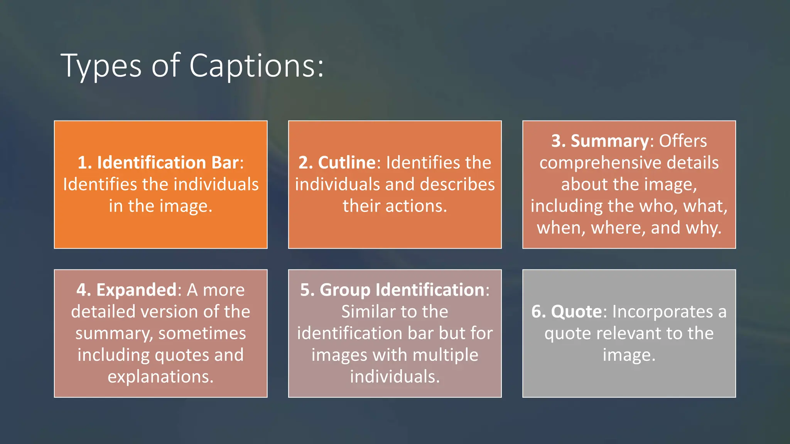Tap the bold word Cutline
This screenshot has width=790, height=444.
pyautogui.click(x=347, y=162)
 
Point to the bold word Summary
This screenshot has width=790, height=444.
pyautogui.click(x=610, y=141)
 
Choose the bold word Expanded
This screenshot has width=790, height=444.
pyautogui.click(x=136, y=290)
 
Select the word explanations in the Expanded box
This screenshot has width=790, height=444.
pyautogui.click(x=160, y=377)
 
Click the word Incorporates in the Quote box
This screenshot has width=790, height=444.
pyautogui.click(x=662, y=311)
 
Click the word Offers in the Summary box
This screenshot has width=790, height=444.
pyautogui.click(x=683, y=141)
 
